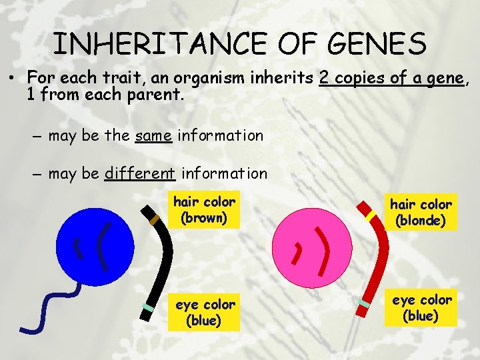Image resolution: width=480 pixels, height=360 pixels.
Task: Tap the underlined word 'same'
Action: pos(154,136)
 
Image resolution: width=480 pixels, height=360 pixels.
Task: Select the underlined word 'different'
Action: pos(140,174)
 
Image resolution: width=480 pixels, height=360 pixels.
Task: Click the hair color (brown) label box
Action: pos(204,209)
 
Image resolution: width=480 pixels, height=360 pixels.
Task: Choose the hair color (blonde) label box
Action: pos(421,212)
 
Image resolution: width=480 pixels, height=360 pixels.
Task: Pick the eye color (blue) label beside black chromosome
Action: pos(205,313)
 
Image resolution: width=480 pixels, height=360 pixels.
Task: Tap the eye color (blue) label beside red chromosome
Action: pos(421,308)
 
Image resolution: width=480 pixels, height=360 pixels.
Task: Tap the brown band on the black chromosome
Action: pos(155,219)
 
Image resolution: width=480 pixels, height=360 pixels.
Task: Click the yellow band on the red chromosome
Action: pos(371,215)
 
